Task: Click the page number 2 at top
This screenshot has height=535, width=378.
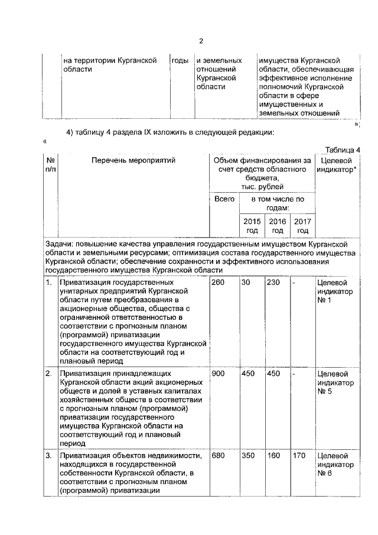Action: tap(201, 41)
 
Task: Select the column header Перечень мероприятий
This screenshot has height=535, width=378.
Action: tap(133, 160)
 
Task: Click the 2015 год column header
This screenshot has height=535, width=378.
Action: tap(252, 225)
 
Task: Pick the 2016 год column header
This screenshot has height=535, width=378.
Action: tap(278, 225)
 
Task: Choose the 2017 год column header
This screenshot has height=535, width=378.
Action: tap(303, 225)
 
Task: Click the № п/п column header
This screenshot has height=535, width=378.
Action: tap(51, 165)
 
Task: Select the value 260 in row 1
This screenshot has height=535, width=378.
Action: tap(219, 283)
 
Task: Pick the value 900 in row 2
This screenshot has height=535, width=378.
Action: tap(219, 374)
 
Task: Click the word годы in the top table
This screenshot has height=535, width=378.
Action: tap(180, 60)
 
